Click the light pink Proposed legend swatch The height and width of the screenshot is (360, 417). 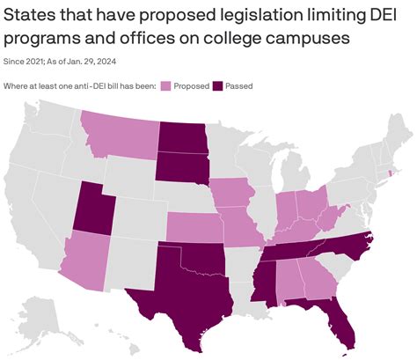(165, 85)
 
